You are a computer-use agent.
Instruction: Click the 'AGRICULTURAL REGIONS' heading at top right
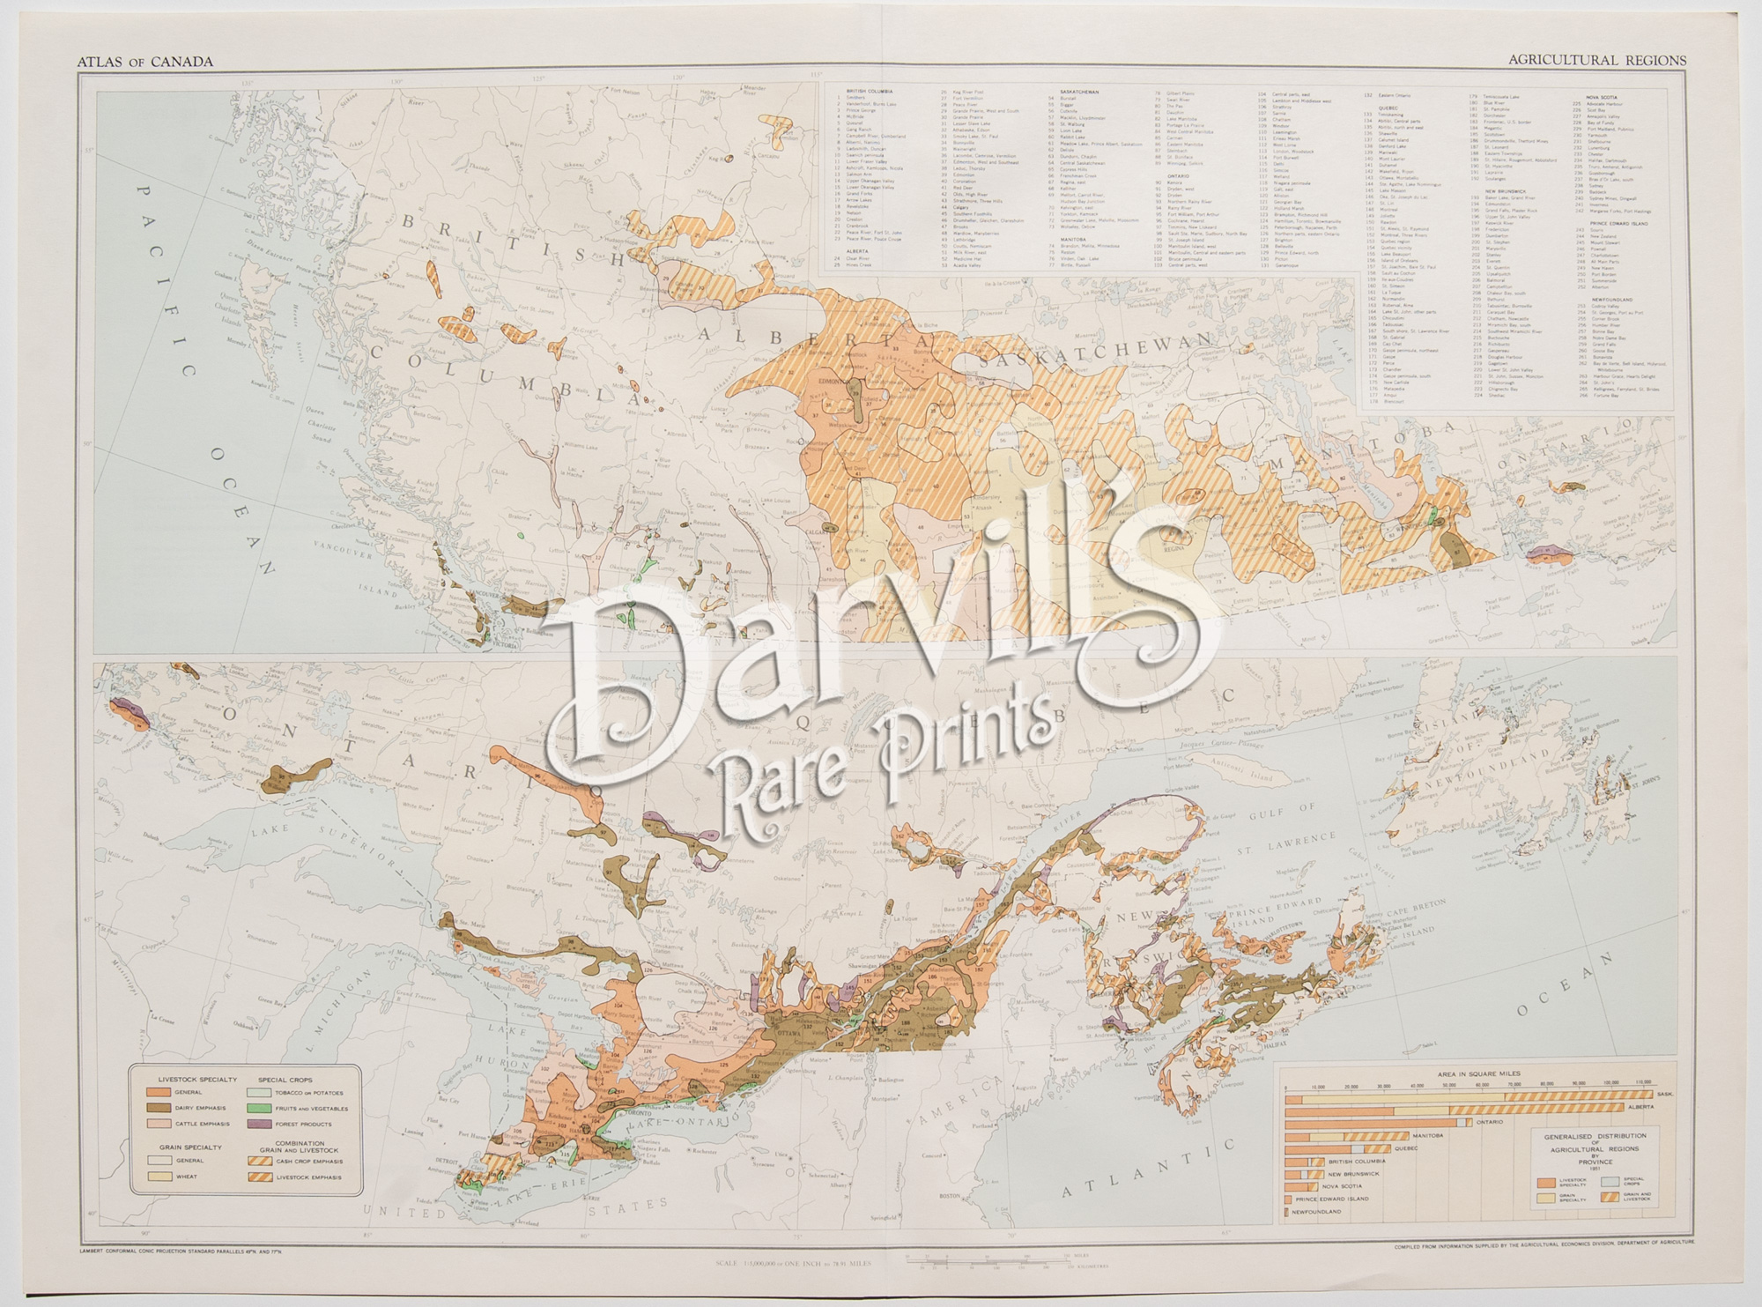1596,60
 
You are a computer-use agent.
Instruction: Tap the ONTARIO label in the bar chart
1490,1122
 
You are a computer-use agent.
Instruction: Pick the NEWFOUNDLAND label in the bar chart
1319,1212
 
